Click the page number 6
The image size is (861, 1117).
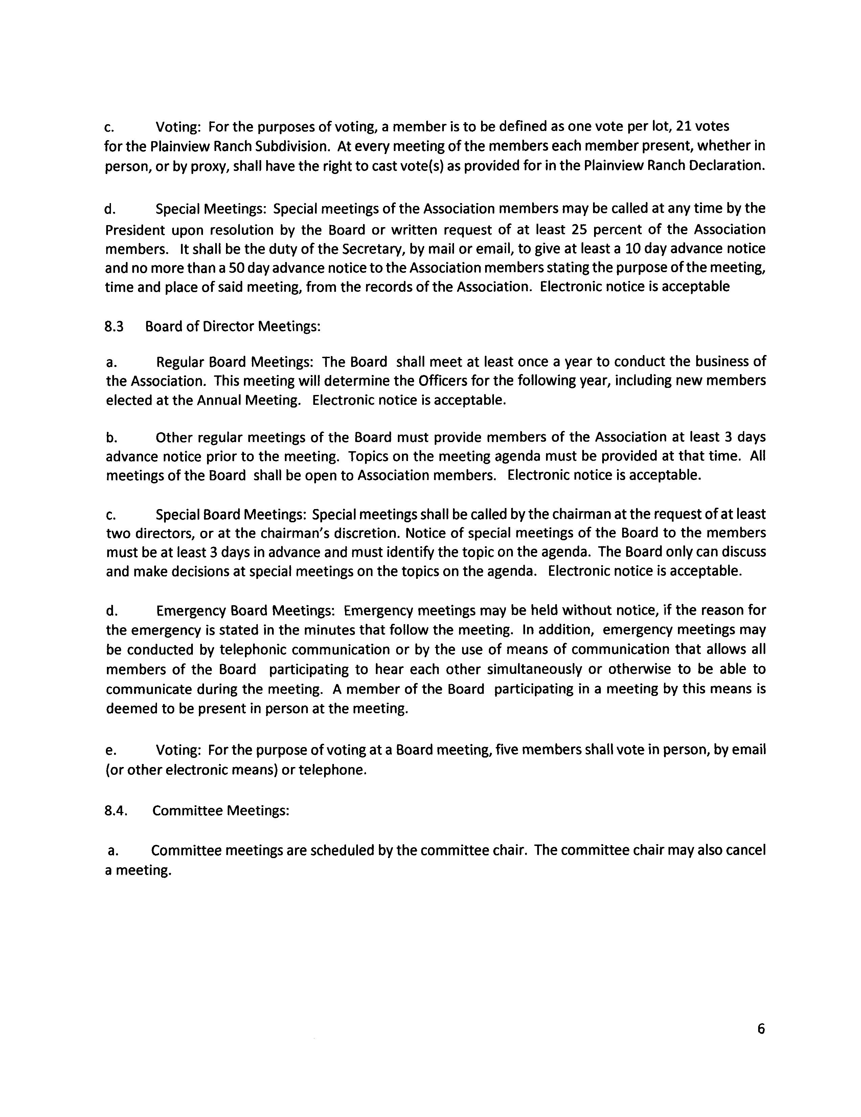[761, 1029]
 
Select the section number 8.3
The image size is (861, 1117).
[114, 326]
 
